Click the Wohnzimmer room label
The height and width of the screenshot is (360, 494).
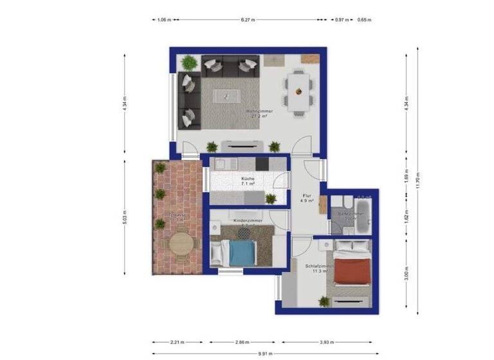259,111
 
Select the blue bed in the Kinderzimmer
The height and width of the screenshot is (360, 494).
242,253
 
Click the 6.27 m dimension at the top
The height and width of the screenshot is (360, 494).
248,20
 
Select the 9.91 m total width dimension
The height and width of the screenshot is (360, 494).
264,354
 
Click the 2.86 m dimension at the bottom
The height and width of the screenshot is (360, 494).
242,342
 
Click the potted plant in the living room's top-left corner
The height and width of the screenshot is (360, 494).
188,63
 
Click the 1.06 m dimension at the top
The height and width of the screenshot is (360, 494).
164,20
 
